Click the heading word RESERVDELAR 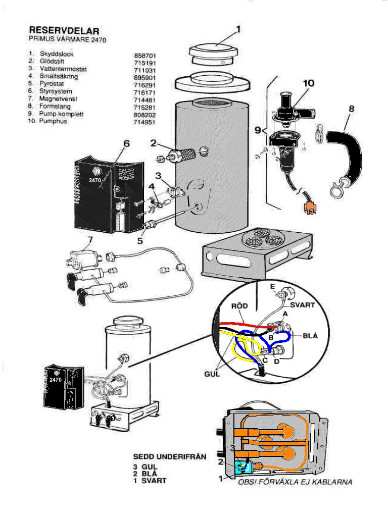coord(64,31)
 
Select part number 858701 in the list coord(145,56)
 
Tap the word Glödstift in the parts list coord(52,61)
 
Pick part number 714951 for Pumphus coord(144,122)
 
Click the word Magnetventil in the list coord(58,98)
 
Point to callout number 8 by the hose coord(352,109)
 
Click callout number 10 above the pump coord(309,83)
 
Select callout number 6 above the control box coord(126,144)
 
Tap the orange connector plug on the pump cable coord(310,208)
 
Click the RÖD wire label coord(239,306)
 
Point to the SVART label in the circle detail coord(302,305)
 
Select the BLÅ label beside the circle coord(311,336)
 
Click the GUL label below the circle coord(212,374)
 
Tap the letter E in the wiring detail coord(272,287)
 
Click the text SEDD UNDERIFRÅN coord(170,457)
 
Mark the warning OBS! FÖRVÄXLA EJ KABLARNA coord(295,482)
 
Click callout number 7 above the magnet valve coord(90,240)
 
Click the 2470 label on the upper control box coord(95,180)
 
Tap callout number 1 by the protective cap coord(238,30)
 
